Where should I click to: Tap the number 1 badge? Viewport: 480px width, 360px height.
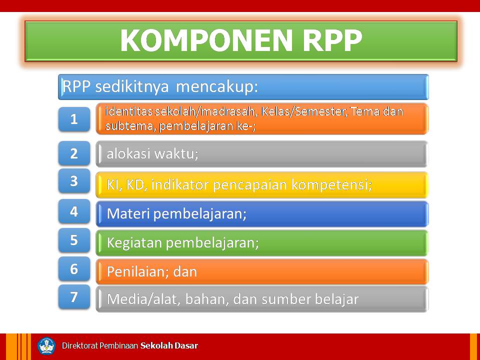(74, 119)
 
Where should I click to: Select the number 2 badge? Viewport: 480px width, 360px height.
(74, 153)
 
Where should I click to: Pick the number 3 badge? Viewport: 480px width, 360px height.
(74, 181)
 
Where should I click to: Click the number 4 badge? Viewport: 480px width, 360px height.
(74, 211)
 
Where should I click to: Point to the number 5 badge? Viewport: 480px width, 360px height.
(74, 240)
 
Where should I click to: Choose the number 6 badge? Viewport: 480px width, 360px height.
(74, 269)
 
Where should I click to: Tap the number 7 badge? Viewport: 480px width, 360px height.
(74, 297)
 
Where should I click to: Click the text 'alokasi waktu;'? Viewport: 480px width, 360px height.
(152, 154)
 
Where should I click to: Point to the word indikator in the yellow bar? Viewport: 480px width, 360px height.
(179, 185)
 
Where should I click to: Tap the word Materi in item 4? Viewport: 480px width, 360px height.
(128, 214)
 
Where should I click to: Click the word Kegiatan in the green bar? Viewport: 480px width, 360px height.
(134, 243)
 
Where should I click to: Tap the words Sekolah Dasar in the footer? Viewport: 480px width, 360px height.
(169, 346)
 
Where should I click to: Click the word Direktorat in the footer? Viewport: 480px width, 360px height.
(79, 346)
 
